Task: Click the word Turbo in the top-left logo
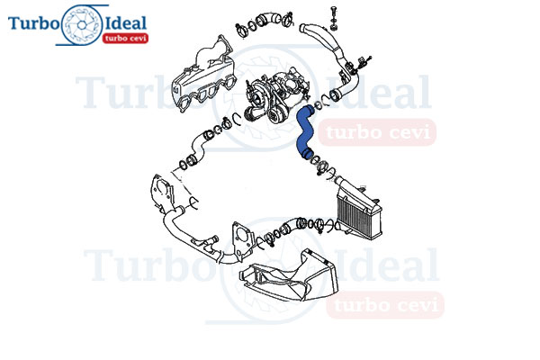click(34, 22)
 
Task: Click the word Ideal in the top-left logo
click(125, 23)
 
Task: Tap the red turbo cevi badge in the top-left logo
click(125, 38)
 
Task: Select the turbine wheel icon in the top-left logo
click(82, 25)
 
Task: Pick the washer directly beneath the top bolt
click(333, 27)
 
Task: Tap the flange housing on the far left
click(161, 193)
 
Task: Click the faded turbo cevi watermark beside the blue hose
click(377, 132)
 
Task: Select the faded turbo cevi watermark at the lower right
click(385, 304)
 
